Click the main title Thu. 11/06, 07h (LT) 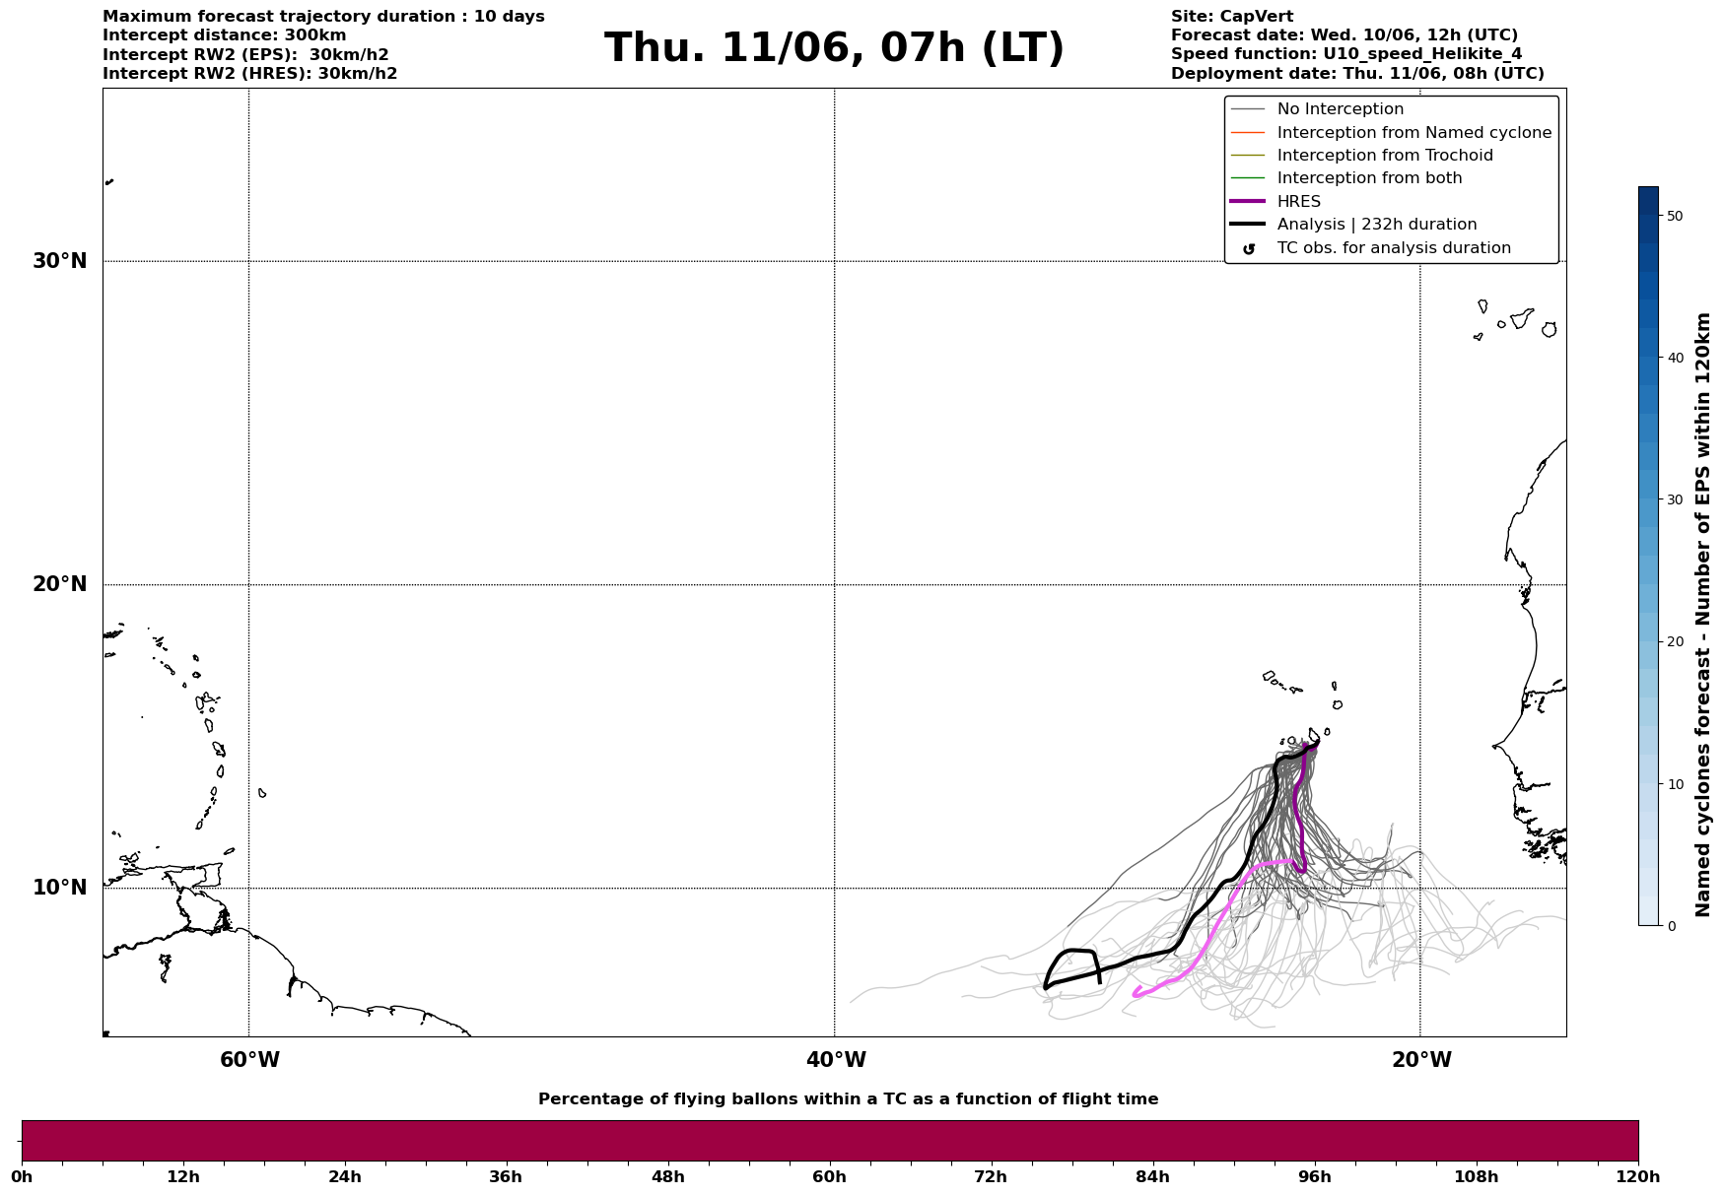pos(834,48)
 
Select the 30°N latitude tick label pos(60,261)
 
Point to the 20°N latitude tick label pos(60,584)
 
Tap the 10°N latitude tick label pos(60,888)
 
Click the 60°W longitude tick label pos(249,1060)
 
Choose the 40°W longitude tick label pos(836,1060)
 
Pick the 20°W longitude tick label pos(1421,1060)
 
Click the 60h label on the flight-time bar pos(829,1177)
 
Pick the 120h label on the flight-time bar pos(1638,1177)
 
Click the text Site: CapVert pos(1232,17)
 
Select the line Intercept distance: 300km pos(225,35)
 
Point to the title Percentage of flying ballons pos(848,1099)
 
